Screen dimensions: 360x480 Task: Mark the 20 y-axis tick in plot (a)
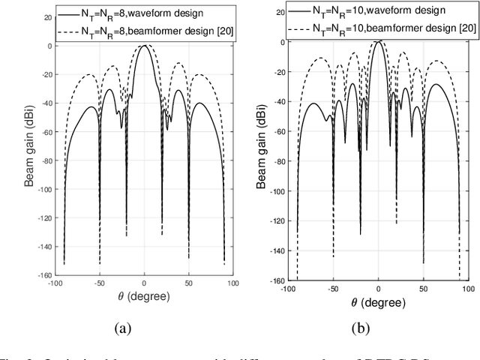(x=47, y=16)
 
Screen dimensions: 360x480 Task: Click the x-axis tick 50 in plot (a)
(x=190, y=283)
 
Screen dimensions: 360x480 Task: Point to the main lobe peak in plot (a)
(x=144, y=46)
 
